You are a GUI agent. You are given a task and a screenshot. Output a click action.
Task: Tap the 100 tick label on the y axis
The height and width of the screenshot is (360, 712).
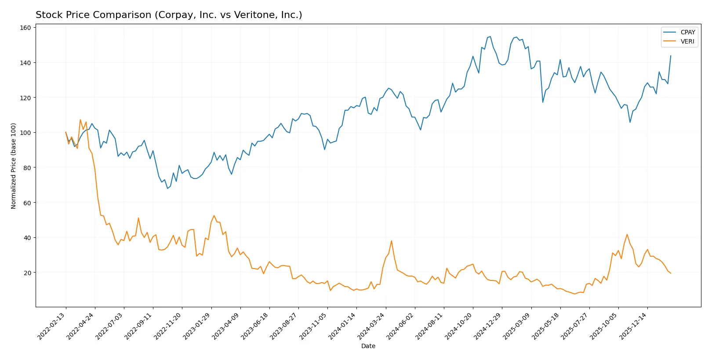click(x=25, y=133)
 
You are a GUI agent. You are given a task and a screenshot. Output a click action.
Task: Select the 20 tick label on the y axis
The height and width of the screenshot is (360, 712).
click(x=27, y=273)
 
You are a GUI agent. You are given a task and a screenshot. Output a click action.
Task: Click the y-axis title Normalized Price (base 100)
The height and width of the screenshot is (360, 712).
click(x=14, y=166)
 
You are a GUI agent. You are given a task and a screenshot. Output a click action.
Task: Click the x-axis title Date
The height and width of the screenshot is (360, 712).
click(x=368, y=346)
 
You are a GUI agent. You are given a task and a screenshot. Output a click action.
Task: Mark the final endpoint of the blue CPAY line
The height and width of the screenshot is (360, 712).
click(x=671, y=56)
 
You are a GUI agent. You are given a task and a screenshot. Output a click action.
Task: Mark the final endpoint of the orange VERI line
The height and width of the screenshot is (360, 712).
click(x=671, y=273)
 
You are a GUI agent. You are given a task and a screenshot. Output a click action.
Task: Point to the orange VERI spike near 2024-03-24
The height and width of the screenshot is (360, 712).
click(x=392, y=241)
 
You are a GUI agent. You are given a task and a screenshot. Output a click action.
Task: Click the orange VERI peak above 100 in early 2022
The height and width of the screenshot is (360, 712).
click(x=80, y=120)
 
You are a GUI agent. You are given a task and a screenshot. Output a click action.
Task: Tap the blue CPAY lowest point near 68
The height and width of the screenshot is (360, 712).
click(x=167, y=189)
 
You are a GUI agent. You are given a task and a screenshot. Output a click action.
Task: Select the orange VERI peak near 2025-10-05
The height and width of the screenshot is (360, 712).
click(x=627, y=234)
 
